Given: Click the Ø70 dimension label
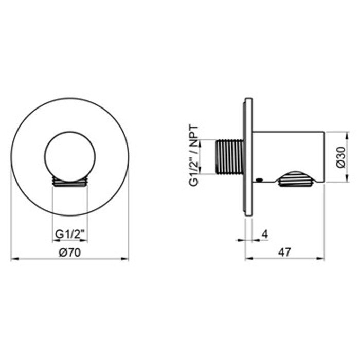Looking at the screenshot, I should (x=69, y=251).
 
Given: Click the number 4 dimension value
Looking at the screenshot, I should (x=264, y=235).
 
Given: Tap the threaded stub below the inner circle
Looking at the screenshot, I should (x=70, y=182).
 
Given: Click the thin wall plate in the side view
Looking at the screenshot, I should (x=248, y=157).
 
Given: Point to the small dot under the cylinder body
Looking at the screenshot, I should (x=259, y=179).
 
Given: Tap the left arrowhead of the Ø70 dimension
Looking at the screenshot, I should (x=13, y=259).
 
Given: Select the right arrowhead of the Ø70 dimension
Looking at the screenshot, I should (x=127, y=259).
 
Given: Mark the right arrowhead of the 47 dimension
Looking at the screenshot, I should (x=322, y=259).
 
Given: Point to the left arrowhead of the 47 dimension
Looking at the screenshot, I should (x=247, y=259).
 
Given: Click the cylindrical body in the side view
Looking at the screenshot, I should (x=288, y=152).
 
